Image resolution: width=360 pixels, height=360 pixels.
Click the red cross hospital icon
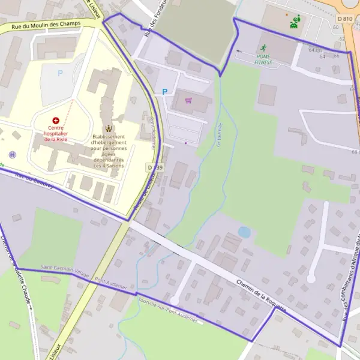pyautogui.click(x=56, y=121)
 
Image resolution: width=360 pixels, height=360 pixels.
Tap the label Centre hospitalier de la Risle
pyautogui.click(x=58, y=133)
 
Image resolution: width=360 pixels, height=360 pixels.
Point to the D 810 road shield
pyautogui.click(x=344, y=19)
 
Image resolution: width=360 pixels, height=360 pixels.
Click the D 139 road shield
pyautogui.click(x=155, y=167)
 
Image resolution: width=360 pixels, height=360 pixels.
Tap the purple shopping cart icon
pyautogui.click(x=188, y=101)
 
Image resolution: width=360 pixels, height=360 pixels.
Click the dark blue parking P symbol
pyautogui.click(x=164, y=92)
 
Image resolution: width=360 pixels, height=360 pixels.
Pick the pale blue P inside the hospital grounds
pyautogui.click(x=59, y=73)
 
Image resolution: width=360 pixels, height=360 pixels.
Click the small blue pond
pyautogui.click(x=244, y=232)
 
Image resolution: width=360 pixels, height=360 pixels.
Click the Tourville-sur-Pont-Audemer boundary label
pyautogui.click(x=166, y=311)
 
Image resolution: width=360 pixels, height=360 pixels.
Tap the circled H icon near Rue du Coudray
pyautogui.click(x=13, y=154)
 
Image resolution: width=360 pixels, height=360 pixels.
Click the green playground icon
pyautogui.click(x=295, y=23)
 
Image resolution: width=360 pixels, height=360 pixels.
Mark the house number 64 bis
pyautogui.click(x=316, y=50)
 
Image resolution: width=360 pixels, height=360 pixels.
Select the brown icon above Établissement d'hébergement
pyautogui.click(x=109, y=128)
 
